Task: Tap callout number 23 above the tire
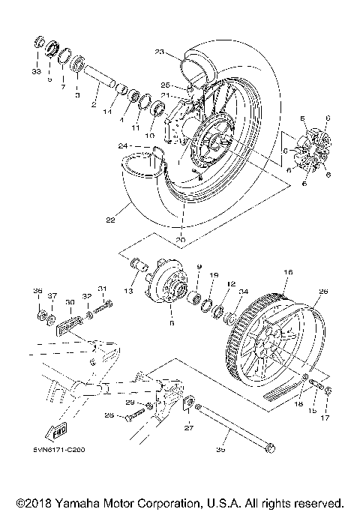pyautogui.click(x=159, y=52)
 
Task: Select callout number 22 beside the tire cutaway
pyautogui.click(x=110, y=220)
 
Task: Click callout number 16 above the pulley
pyautogui.click(x=286, y=274)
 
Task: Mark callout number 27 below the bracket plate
pyautogui.click(x=189, y=430)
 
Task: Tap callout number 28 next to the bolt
pyautogui.click(x=109, y=415)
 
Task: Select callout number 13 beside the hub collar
pyautogui.click(x=128, y=292)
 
